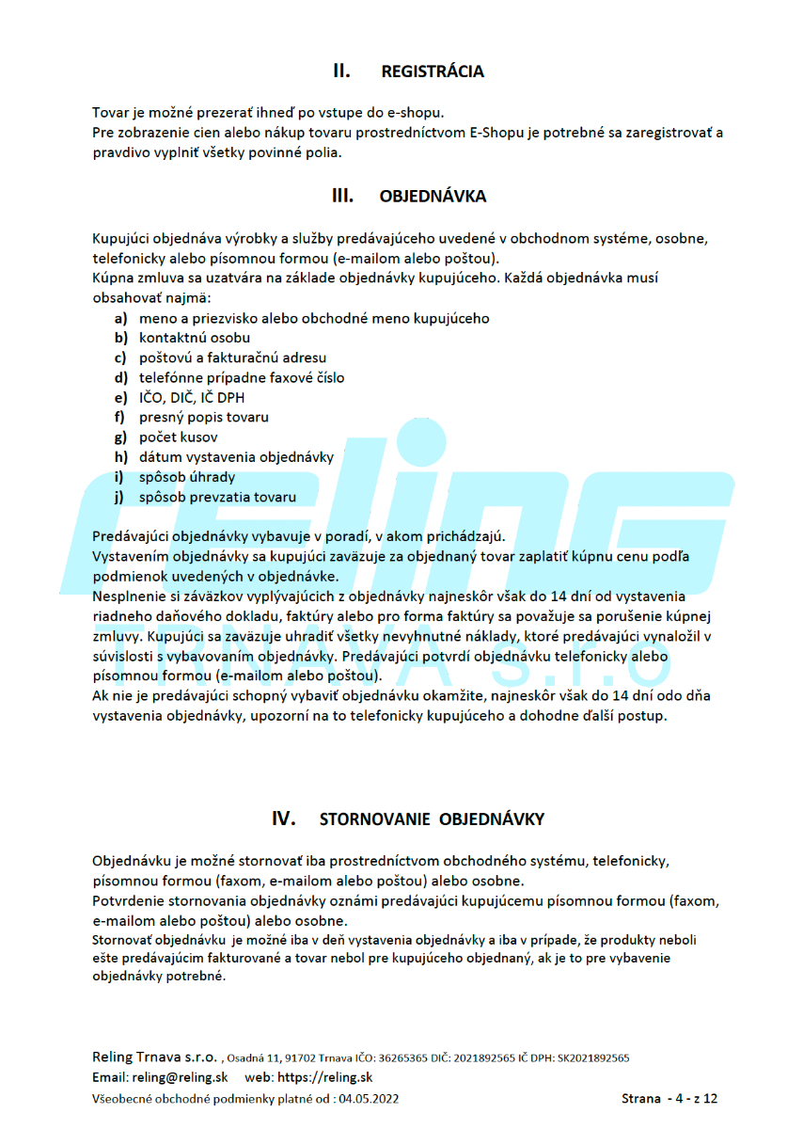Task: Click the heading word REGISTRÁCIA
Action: [x=433, y=72]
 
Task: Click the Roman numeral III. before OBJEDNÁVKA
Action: [x=342, y=197]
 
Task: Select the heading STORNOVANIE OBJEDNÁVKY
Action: [x=432, y=819]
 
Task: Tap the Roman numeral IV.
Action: [x=284, y=819]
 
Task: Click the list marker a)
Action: [x=121, y=318]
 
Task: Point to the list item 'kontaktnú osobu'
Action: [x=195, y=338]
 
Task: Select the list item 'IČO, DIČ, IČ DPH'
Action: [x=192, y=397]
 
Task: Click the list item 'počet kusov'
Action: [x=179, y=437]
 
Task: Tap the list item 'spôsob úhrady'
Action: [x=187, y=477]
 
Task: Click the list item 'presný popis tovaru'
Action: [x=204, y=417]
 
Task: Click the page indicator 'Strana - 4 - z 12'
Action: [x=669, y=1098]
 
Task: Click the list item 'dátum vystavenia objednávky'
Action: [x=236, y=457]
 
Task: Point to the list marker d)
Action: [x=121, y=377]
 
